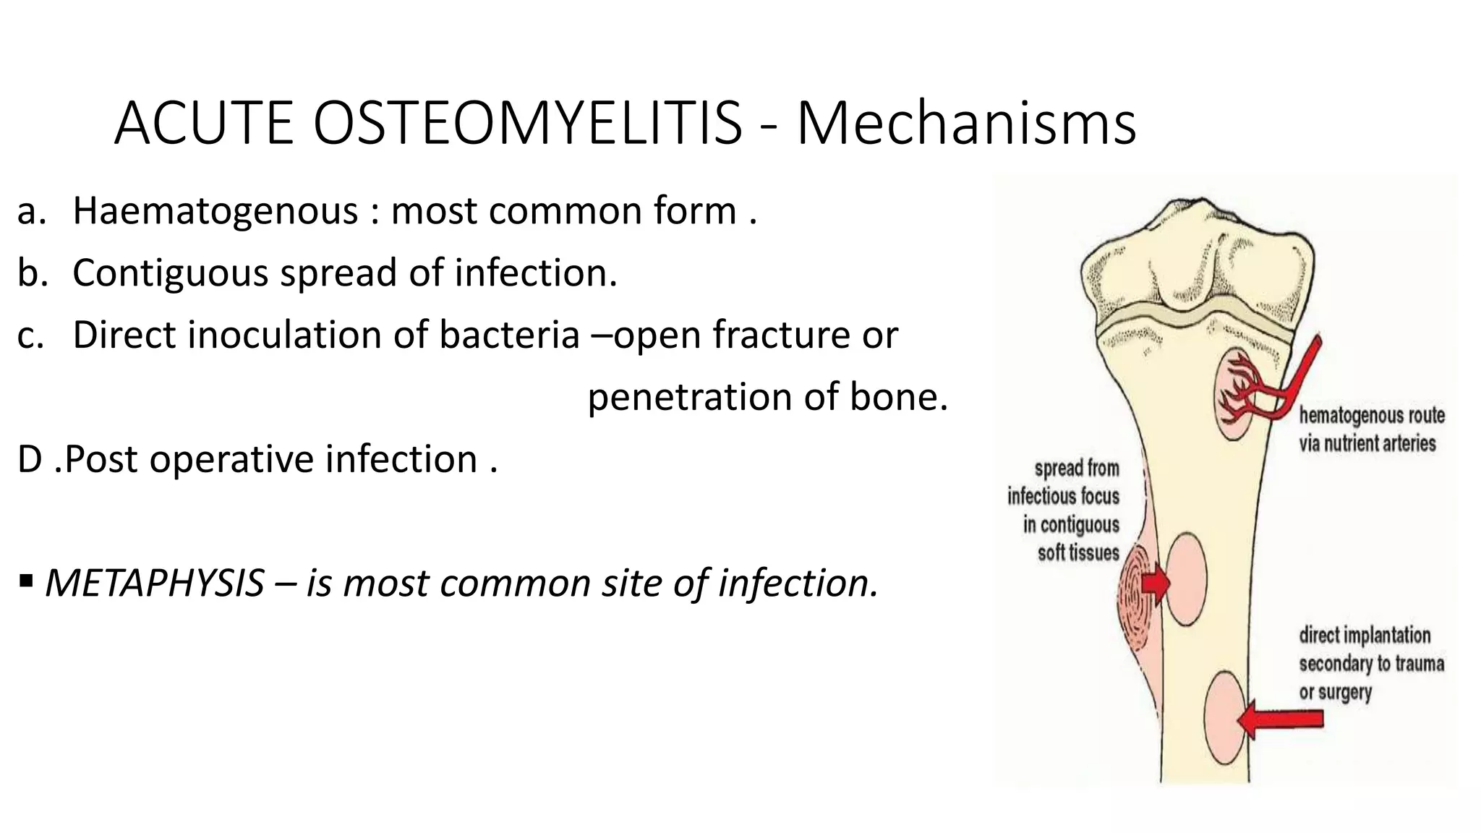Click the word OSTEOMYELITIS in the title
528,123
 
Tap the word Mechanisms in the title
966,123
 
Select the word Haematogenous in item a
215,211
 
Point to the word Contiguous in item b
171,273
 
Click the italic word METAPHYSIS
155,584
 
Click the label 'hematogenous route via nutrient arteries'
1371,430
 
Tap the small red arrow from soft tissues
1156,583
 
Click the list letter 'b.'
32,273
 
